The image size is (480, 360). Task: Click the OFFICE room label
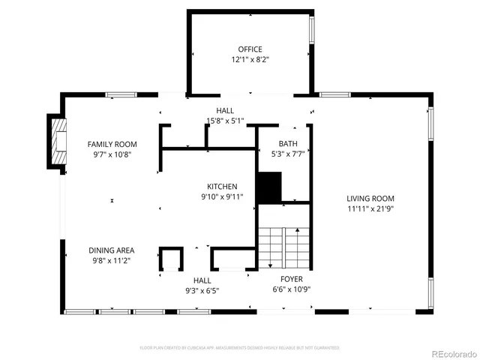click(250, 49)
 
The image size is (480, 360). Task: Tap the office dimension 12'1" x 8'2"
click(250, 59)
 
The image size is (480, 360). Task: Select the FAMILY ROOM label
click(112, 144)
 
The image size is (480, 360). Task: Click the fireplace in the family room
click(56, 143)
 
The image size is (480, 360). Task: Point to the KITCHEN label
click(223, 187)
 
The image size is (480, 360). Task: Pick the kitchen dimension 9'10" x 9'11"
click(223, 197)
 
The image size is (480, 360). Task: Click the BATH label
click(287, 144)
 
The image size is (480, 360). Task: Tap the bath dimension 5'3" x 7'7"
click(287, 154)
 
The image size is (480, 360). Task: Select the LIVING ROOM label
click(370, 199)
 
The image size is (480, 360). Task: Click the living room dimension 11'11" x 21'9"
click(370, 209)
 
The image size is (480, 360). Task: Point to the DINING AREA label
click(111, 250)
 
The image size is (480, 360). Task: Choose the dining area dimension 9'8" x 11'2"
click(111, 260)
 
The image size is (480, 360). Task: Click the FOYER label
click(292, 279)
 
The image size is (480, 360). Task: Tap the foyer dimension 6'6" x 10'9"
click(292, 289)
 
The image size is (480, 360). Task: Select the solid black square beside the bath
click(268, 187)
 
